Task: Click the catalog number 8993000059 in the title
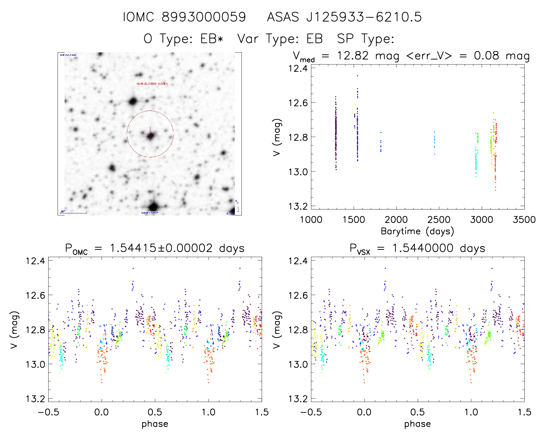pyautogui.click(x=204, y=17)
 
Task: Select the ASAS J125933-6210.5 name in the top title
pyautogui.click(x=344, y=17)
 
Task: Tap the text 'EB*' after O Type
pyautogui.click(x=212, y=39)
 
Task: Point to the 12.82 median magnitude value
pyautogui.click(x=353, y=56)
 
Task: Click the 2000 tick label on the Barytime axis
pyautogui.click(x=396, y=220)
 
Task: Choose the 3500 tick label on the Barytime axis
pyautogui.click(x=524, y=220)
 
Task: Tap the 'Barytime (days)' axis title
pyautogui.click(x=417, y=231)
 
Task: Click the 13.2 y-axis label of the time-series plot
pyautogui.click(x=298, y=206)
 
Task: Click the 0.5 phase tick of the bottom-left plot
pyautogui.click(x=155, y=412)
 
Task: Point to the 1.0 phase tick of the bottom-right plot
pyautogui.click(x=471, y=412)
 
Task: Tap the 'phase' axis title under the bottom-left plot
pyautogui.click(x=155, y=424)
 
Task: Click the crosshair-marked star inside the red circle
pyautogui.click(x=150, y=135)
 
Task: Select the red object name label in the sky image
pyautogui.click(x=152, y=84)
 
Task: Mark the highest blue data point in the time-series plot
pyautogui.click(x=358, y=76)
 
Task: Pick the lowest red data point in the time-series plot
pyautogui.click(x=495, y=190)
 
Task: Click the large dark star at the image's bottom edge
pyautogui.click(x=153, y=207)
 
